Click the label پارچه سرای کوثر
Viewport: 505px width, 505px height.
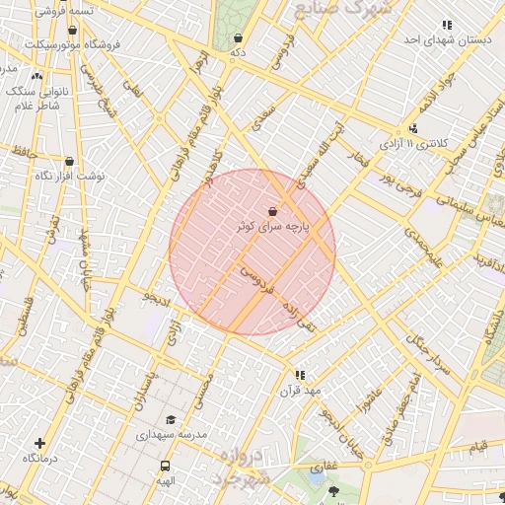(x=273, y=226)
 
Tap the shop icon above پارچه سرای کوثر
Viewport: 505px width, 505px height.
(x=272, y=211)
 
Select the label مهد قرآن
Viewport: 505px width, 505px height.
(x=301, y=390)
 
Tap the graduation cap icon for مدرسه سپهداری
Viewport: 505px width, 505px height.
(x=171, y=419)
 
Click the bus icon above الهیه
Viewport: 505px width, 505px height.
(x=165, y=466)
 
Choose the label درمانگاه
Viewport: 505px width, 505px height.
(x=39, y=460)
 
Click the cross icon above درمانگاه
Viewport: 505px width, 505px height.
(x=39, y=445)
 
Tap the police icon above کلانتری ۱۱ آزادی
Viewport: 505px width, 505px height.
(x=412, y=128)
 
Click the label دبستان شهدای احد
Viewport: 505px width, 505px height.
(x=447, y=39)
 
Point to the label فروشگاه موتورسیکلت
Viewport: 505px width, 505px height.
(x=73, y=45)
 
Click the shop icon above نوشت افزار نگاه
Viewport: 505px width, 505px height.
(x=69, y=161)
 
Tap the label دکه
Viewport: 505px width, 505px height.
(x=237, y=52)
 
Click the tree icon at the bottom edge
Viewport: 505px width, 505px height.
(x=332, y=490)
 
